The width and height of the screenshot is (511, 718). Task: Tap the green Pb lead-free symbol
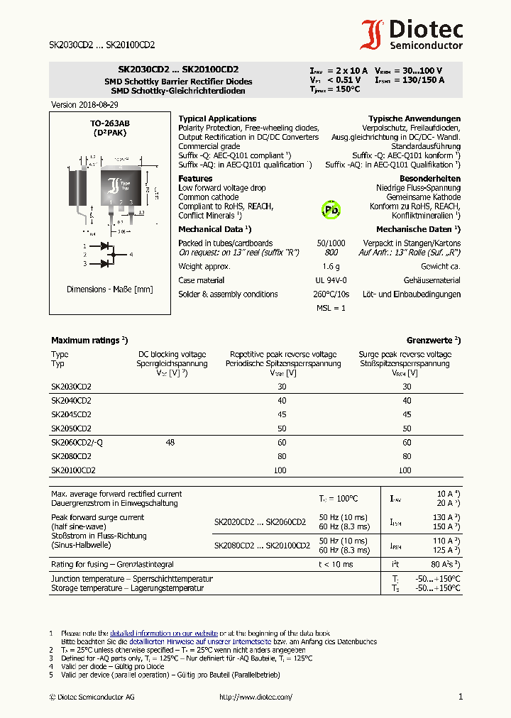coord(331,210)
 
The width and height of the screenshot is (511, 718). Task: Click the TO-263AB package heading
coord(109,123)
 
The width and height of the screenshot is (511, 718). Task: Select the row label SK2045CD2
coord(71,414)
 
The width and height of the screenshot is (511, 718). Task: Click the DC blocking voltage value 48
coord(170,442)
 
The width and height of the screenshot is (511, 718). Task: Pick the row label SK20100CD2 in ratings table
coord(73,470)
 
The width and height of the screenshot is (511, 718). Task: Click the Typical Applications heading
coord(217,118)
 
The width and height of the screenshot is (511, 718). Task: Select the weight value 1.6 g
coord(331,267)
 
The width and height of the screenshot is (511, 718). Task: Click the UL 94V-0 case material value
coord(331,280)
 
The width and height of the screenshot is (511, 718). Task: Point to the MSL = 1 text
coord(331,308)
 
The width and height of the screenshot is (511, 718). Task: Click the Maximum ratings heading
coord(89,341)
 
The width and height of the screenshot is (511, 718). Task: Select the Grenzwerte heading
coord(433,341)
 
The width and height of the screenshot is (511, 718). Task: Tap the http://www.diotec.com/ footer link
coord(255,697)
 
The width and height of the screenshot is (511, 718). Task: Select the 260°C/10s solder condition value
coord(331,294)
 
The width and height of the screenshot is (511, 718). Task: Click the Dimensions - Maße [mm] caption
coord(109,289)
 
